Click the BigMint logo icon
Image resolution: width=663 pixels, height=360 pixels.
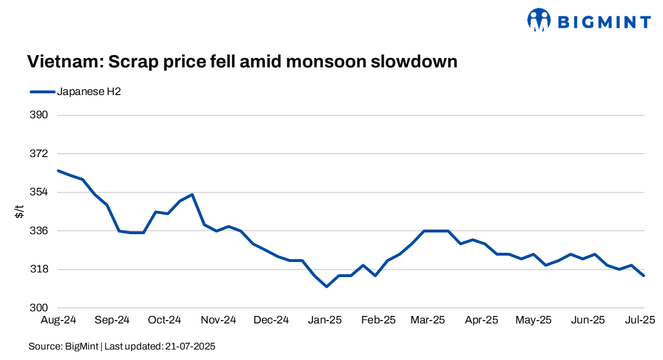click(538, 20)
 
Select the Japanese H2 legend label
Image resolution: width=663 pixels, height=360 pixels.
click(89, 92)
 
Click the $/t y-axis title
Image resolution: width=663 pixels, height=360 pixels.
click(20, 212)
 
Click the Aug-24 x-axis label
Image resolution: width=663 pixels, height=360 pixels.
click(58, 320)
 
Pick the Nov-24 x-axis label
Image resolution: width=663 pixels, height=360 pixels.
click(219, 320)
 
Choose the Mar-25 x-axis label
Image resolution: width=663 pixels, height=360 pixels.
click(428, 320)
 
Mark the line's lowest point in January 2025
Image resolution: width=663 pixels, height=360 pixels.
click(327, 286)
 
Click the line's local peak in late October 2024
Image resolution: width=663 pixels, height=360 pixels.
click(192, 194)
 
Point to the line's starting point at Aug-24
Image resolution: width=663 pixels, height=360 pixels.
click(58, 170)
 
